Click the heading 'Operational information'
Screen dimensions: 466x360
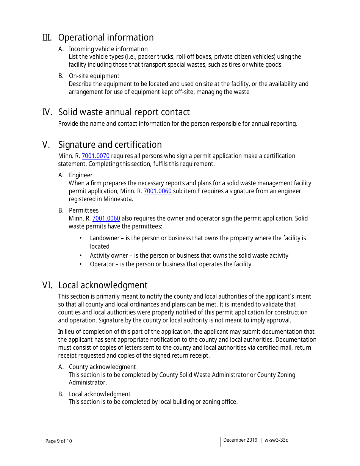[106, 38]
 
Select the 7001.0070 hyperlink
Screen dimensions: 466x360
[95, 156]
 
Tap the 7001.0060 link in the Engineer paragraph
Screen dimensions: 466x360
[157, 191]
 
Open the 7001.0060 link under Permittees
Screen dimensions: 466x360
[106, 218]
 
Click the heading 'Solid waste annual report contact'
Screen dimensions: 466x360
[124, 112]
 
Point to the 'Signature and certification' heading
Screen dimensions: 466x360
[110, 145]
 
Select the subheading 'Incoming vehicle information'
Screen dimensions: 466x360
[108, 49]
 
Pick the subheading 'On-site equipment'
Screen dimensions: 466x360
[94, 76]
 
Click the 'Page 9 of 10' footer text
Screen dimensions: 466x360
[58, 441]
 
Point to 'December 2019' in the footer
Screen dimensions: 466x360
[240, 440]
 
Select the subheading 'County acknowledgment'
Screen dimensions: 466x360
[102, 367]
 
